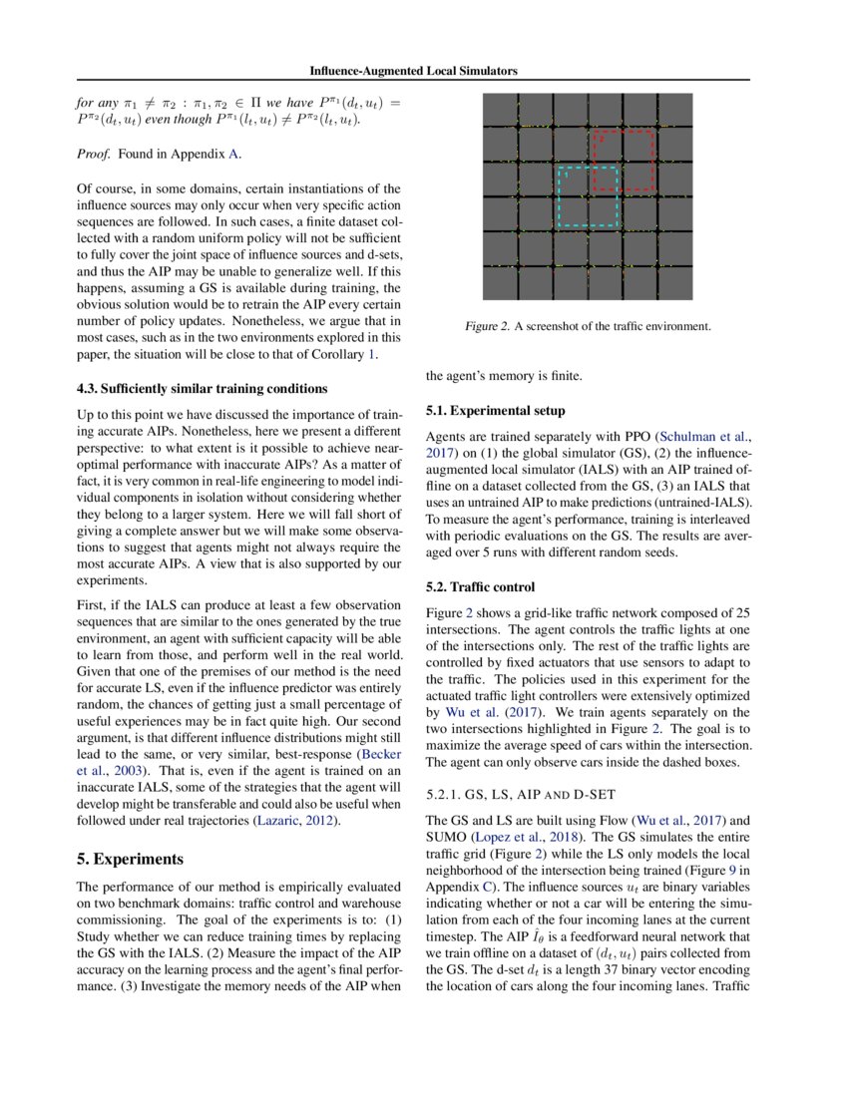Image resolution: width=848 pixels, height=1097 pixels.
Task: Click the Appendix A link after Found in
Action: [234, 154]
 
